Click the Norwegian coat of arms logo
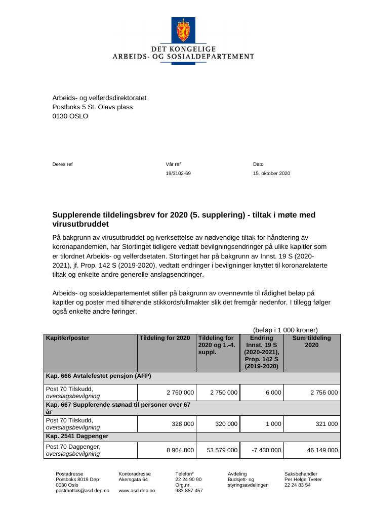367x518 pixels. point(183,30)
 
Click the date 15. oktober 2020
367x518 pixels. point(271,174)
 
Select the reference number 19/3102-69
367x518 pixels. point(178,174)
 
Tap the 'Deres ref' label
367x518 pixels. point(62,164)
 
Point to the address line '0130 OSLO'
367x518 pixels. point(70,116)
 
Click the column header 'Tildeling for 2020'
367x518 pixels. point(165,338)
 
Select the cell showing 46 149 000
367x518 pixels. point(322,450)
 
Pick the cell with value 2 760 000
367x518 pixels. point(180,393)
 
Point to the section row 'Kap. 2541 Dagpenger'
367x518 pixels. point(77,436)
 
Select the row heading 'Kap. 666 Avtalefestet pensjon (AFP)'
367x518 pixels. point(99,376)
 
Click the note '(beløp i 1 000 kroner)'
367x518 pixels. point(285,330)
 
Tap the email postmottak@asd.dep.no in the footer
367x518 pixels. point(82,491)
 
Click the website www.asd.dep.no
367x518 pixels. point(137,491)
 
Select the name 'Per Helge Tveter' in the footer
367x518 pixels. point(303,480)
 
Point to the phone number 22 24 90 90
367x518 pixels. point(188,480)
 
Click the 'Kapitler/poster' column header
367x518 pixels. point(67,338)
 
